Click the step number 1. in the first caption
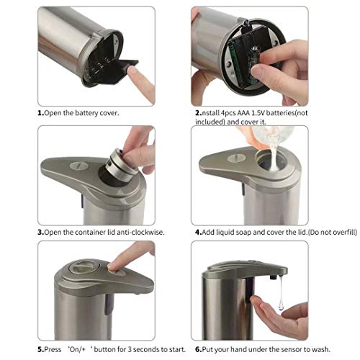tap(40, 113)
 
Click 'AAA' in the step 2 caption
tap(243, 113)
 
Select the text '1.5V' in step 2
tap(258, 113)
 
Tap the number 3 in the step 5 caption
tap(130, 349)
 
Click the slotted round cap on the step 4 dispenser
tap(236, 158)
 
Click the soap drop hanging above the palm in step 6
tap(282, 305)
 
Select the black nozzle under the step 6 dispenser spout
tap(273, 278)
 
